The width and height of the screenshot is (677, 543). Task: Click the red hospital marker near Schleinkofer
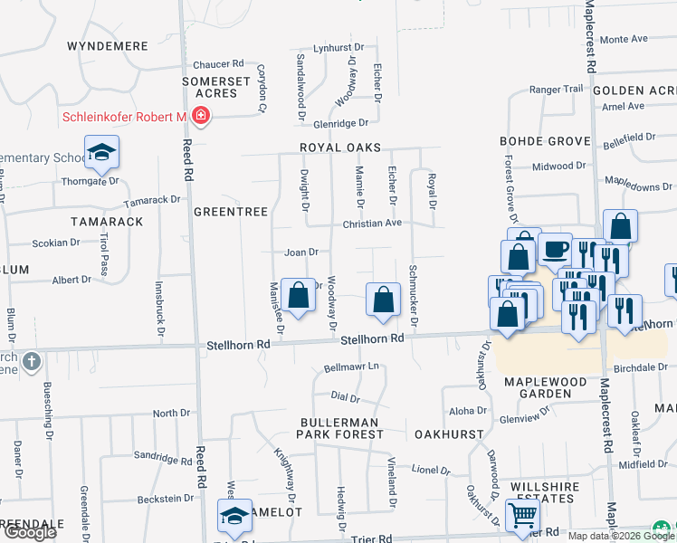[x=200, y=117]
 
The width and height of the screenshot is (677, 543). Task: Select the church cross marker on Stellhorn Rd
[x=32, y=361]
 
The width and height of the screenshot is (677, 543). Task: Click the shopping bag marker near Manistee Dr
[x=299, y=294]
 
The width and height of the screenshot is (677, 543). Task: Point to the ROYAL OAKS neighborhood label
[x=342, y=148]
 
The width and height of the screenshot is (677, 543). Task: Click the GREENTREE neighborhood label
[x=231, y=212]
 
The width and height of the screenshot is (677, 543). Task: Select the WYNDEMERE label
[x=107, y=44]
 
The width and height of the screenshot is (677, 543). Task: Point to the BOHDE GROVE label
[x=545, y=141]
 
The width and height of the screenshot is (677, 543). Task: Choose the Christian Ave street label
[x=371, y=223]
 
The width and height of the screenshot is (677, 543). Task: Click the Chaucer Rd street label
[x=219, y=64]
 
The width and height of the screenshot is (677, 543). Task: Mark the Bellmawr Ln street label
[x=350, y=368]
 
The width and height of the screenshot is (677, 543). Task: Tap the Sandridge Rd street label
[x=163, y=457]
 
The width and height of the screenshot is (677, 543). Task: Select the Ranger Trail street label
[x=557, y=89]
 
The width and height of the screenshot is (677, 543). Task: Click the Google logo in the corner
[x=30, y=532]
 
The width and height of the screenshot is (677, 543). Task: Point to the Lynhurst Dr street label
[x=338, y=47]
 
